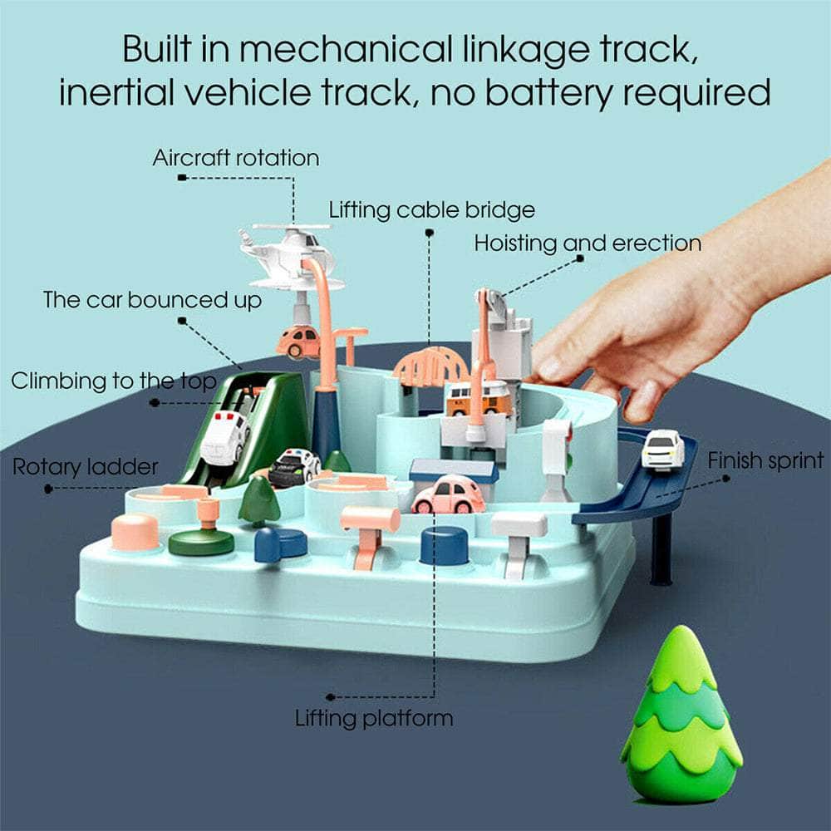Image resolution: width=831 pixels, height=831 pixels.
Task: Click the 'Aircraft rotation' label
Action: [235, 158]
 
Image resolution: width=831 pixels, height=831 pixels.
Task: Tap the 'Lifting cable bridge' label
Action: [431, 209]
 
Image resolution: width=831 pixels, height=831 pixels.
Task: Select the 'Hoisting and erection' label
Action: [588, 243]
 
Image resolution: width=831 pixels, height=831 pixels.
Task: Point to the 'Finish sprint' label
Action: [765, 460]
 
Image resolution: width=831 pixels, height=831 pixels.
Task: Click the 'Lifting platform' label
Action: [374, 718]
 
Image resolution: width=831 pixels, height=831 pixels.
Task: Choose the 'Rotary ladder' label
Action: [85, 467]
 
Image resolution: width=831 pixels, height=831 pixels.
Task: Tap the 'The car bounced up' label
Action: [152, 299]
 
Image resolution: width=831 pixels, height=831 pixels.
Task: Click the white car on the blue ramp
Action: [662, 450]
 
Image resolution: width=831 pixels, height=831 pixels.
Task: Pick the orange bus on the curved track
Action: [479, 400]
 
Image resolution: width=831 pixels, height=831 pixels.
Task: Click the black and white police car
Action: [293, 467]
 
